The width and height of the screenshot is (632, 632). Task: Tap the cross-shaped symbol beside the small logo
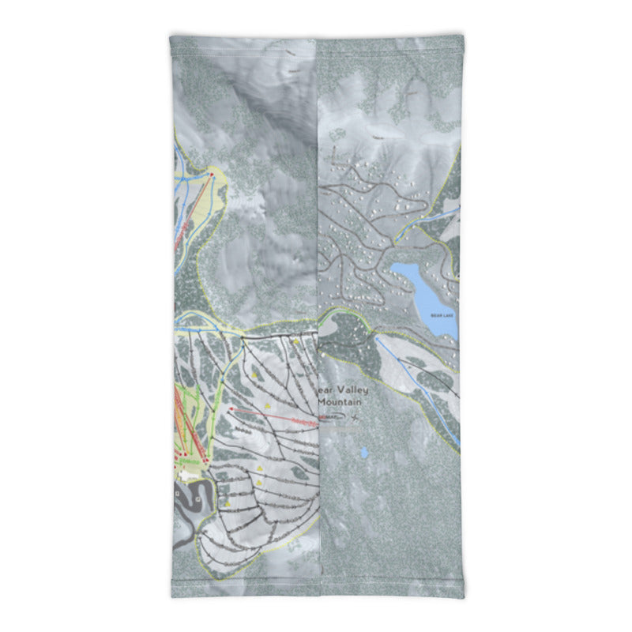click(356, 416)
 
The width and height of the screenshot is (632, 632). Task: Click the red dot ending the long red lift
click(231, 408)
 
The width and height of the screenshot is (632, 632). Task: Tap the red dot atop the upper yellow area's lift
click(211, 173)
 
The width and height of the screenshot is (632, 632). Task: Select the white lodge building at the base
click(185, 476)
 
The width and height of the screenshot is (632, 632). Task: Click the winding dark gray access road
click(190, 506)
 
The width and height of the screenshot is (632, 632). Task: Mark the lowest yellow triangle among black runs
click(228, 502)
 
